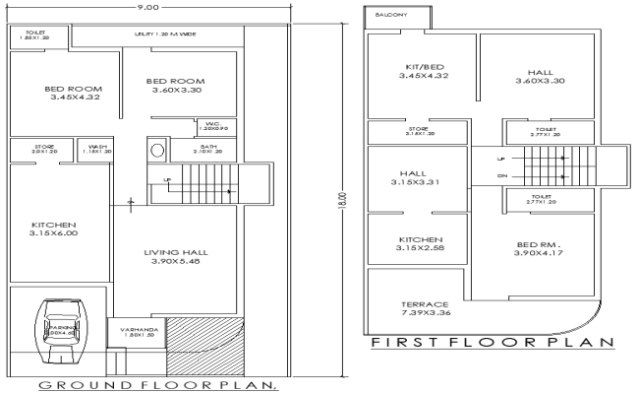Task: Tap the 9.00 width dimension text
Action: coord(150,7)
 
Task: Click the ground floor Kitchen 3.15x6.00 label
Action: coord(53,230)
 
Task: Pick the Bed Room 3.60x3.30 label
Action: coord(175,86)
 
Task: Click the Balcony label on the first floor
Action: coord(386,17)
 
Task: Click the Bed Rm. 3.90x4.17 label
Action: coord(537,248)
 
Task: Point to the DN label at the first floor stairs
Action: coord(503,177)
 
